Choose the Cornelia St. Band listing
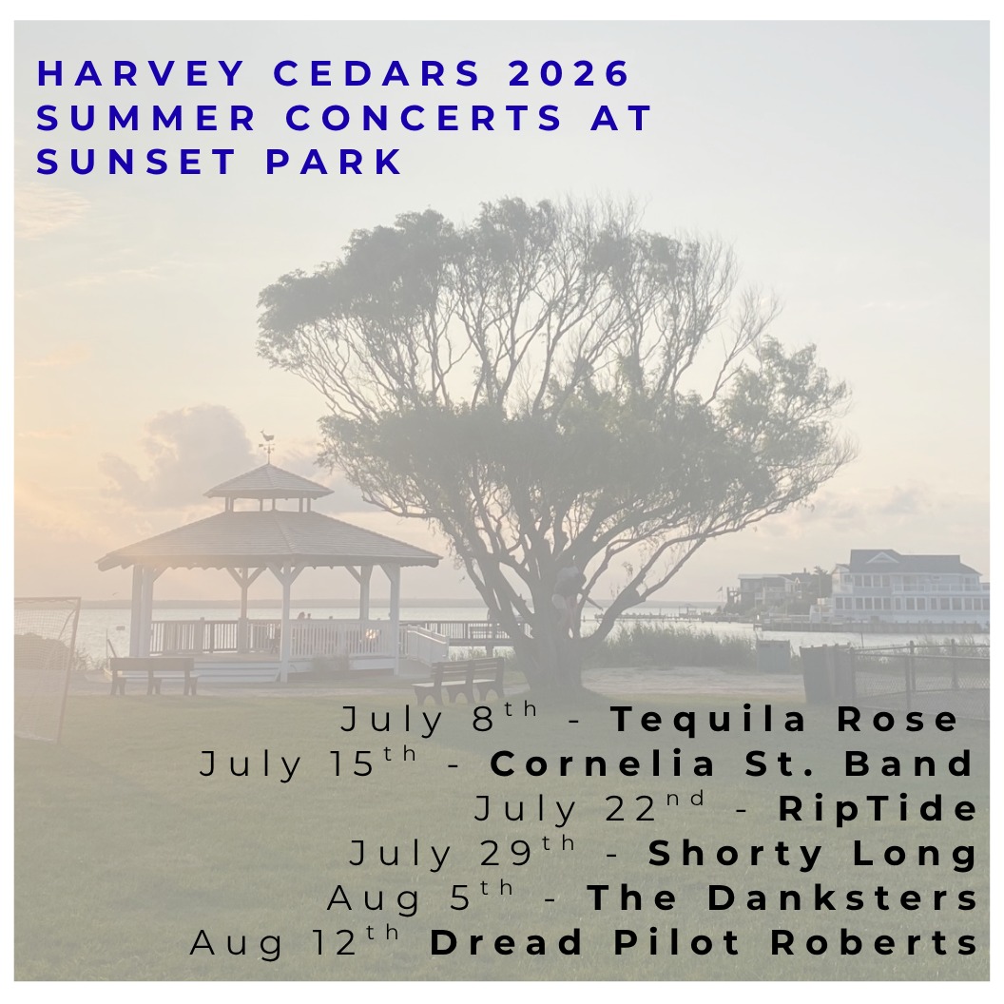point(733,764)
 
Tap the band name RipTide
point(878,809)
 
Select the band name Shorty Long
point(813,854)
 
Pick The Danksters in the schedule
point(782,898)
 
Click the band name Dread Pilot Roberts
point(704,943)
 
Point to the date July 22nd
point(589,809)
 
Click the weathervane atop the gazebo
point(267,442)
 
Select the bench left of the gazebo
point(153,673)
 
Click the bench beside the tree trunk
point(458,678)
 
